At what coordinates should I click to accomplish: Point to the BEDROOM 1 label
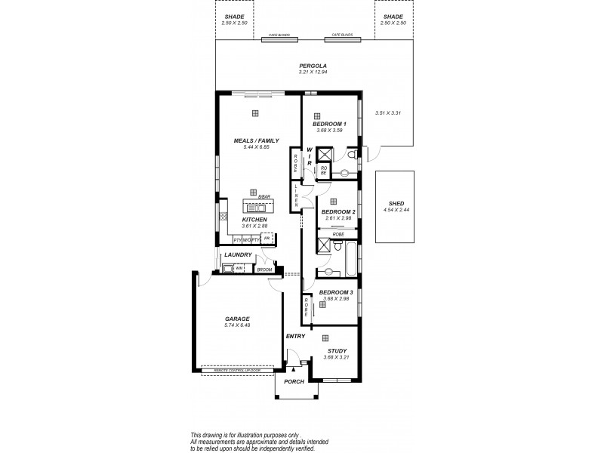pyautogui.click(x=329, y=124)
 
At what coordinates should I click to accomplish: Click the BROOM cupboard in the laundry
pyautogui.click(x=264, y=270)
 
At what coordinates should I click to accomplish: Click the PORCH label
pyautogui.click(x=294, y=382)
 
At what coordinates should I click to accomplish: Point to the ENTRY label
pyautogui.click(x=295, y=336)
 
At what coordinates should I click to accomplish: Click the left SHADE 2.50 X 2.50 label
pyautogui.click(x=234, y=20)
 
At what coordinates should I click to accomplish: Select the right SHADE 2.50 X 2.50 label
pyautogui.click(x=393, y=20)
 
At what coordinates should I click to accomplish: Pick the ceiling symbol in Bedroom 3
pyautogui.click(x=322, y=304)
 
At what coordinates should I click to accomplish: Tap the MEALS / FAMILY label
pyautogui.click(x=256, y=140)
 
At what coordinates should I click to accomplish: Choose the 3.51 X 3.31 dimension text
pyautogui.click(x=387, y=113)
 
